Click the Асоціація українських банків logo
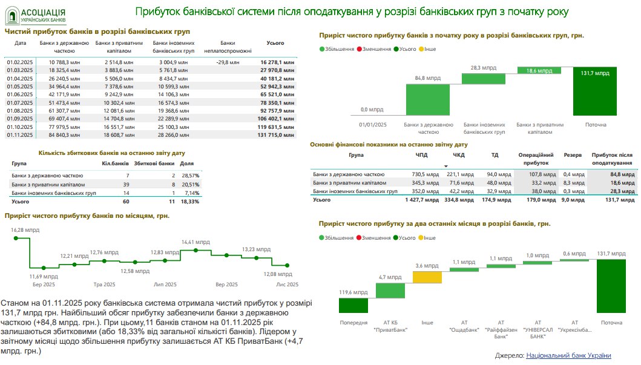tap(36, 15)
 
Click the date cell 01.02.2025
tap(19, 62)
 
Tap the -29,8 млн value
tap(228, 62)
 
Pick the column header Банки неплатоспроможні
tap(228, 47)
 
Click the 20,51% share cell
tap(191, 184)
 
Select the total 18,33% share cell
tap(191, 201)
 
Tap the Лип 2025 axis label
tap(166, 284)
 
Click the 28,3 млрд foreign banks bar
tap(483, 79)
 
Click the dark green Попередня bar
tap(353, 306)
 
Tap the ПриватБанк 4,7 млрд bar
tap(390, 291)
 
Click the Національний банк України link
tap(568, 355)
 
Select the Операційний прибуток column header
tap(536, 159)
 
